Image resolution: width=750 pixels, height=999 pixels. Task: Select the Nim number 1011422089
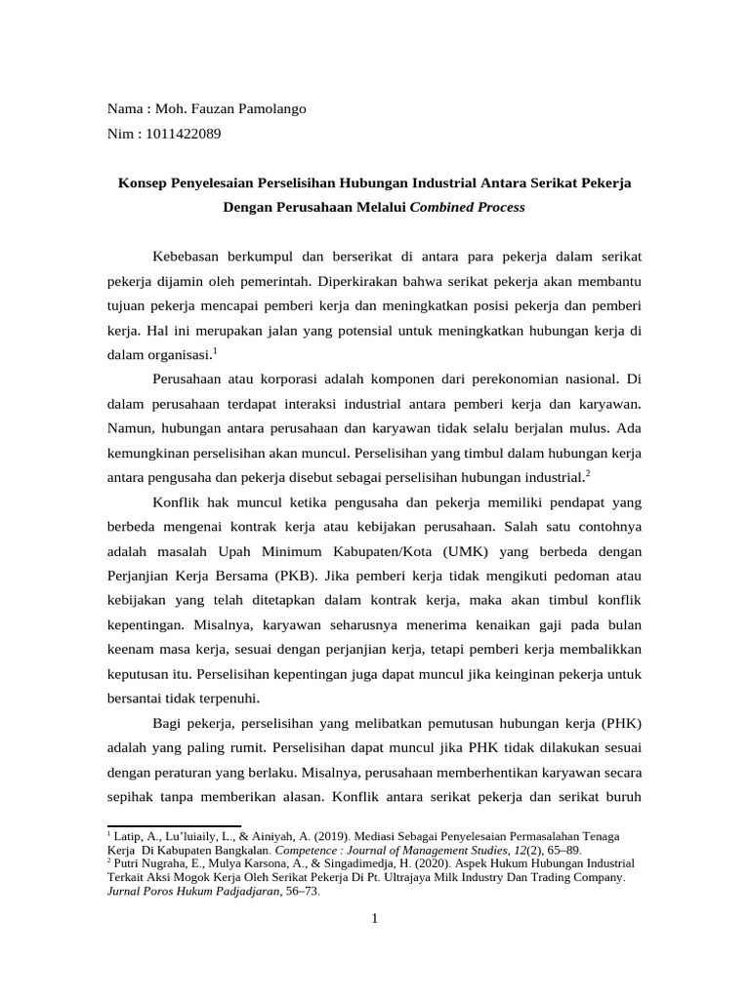click(183, 134)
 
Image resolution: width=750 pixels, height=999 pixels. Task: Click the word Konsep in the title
click(144, 181)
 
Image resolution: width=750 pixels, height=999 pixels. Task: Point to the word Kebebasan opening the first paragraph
click(189, 256)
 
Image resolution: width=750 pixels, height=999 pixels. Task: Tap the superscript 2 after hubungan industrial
click(589, 473)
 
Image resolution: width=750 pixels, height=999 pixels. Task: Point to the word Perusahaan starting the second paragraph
click(193, 379)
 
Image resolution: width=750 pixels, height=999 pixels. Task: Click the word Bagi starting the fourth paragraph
click(168, 723)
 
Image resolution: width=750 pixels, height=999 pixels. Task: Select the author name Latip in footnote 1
click(129, 837)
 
